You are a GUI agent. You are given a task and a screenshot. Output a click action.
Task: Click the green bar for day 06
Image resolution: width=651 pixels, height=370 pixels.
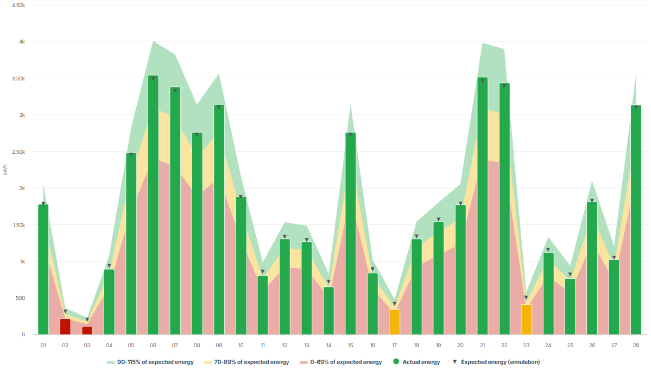coord(153,206)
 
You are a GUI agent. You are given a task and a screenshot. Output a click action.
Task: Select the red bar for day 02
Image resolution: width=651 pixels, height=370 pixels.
coord(65,327)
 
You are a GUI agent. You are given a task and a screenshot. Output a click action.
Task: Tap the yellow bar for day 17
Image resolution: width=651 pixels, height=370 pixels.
coord(395,322)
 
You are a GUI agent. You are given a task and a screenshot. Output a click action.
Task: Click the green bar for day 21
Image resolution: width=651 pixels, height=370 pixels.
coord(482,206)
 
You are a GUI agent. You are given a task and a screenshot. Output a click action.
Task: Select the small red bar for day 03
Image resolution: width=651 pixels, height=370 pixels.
coord(87,330)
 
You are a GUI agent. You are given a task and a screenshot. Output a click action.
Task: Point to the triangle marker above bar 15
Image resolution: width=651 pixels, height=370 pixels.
coord(351,134)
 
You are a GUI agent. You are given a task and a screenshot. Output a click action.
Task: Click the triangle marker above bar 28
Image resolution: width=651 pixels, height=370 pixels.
coord(636,108)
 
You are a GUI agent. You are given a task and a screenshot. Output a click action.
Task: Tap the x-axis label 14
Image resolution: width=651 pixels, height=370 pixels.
coord(328,345)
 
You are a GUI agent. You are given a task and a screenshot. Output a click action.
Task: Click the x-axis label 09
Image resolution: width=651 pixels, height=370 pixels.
coord(219,345)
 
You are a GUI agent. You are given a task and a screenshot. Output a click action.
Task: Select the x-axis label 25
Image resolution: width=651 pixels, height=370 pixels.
coord(570,345)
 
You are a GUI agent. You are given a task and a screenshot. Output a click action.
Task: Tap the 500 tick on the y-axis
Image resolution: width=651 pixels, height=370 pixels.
coord(20,298)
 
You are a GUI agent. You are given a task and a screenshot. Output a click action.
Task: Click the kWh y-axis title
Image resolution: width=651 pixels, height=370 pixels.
coord(6,170)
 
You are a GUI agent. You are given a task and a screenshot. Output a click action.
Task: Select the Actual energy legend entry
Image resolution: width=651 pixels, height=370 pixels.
coord(416,362)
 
